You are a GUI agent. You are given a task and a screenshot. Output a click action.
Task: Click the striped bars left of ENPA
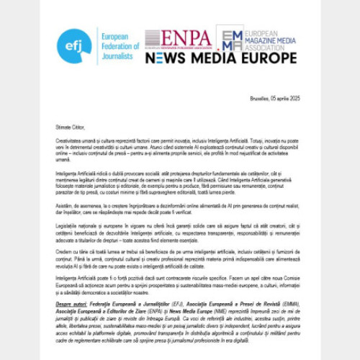(154, 38)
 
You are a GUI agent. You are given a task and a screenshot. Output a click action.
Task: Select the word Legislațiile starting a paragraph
(69, 227)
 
